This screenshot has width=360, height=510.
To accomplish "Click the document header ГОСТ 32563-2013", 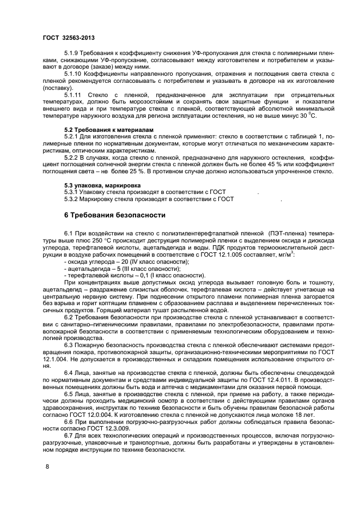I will click(68, 37).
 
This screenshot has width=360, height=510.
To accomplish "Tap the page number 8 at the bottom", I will click(46, 466).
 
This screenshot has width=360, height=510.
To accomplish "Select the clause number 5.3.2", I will click(73, 199).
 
